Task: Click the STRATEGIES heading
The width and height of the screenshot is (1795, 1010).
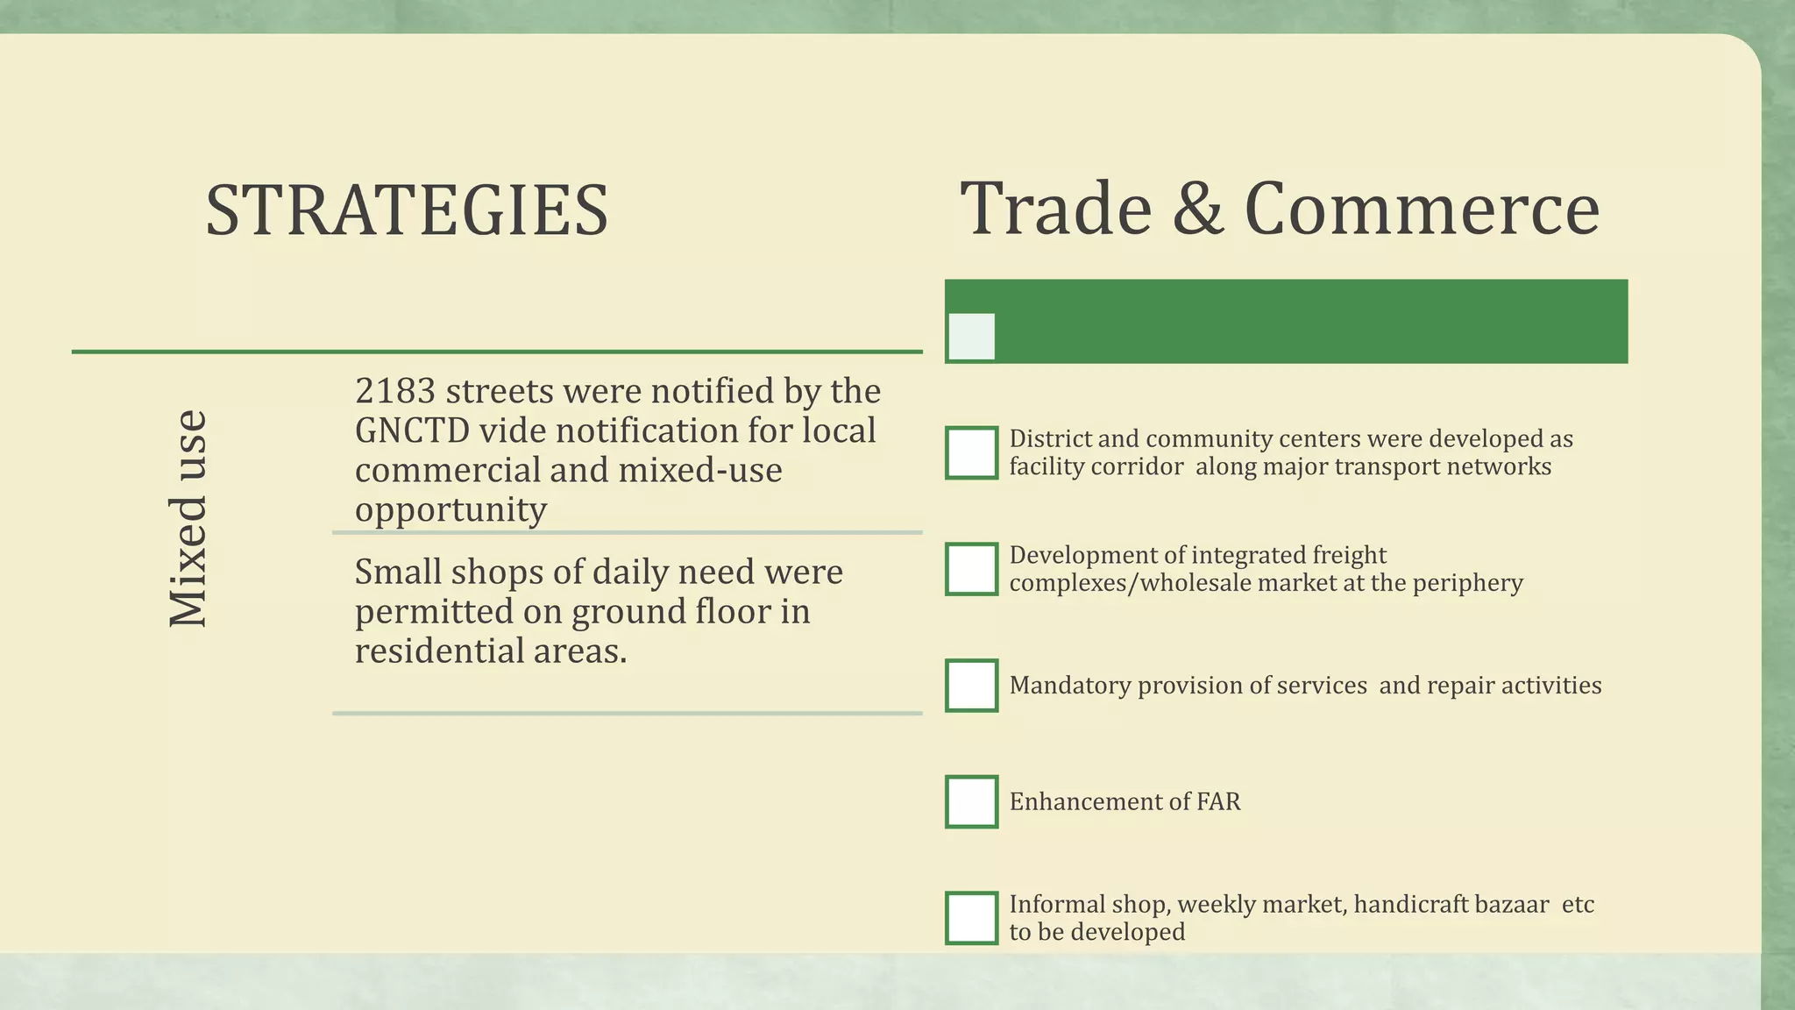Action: pyautogui.click(x=407, y=210)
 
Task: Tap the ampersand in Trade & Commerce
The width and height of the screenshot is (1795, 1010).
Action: pyautogui.click(x=1197, y=209)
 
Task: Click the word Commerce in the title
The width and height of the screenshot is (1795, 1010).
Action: pyautogui.click(x=1422, y=209)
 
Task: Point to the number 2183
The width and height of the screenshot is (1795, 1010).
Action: pyautogui.click(x=394, y=391)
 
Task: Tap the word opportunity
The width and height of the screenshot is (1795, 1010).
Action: pyautogui.click(x=451, y=509)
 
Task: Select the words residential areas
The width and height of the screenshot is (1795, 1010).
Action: pyautogui.click(x=491, y=651)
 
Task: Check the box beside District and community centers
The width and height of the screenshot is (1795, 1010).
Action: pyautogui.click(x=971, y=453)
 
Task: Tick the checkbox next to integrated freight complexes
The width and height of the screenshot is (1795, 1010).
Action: pyautogui.click(x=971, y=569)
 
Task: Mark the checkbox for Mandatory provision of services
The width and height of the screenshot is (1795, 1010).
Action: pyautogui.click(x=971, y=685)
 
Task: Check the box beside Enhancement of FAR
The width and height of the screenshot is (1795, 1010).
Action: pyautogui.click(x=971, y=801)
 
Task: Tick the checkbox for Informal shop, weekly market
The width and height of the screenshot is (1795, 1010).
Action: pyautogui.click(x=971, y=918)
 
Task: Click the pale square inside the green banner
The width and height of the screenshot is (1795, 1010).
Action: pyautogui.click(x=972, y=337)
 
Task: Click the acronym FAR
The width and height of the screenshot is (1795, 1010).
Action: pyautogui.click(x=1218, y=801)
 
